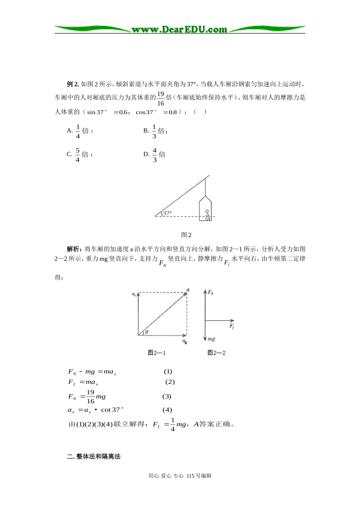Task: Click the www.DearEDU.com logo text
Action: pyautogui.click(x=179, y=29)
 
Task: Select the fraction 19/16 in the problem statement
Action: pyautogui.click(x=160, y=98)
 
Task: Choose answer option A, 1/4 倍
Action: pyautogui.click(x=80, y=131)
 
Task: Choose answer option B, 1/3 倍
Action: pyautogui.click(x=155, y=131)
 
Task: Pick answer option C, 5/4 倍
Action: pyautogui.click(x=80, y=155)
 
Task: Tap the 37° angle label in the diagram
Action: pyautogui.click(x=167, y=213)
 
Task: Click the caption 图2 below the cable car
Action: pyautogui.click(x=186, y=235)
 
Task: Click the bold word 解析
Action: pyautogui.click(x=74, y=249)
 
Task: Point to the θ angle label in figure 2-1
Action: pyautogui.click(x=147, y=332)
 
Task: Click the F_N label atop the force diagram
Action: pyautogui.click(x=210, y=292)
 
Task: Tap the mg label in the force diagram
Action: pyautogui.click(x=211, y=339)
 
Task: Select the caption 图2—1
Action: pyautogui.click(x=157, y=353)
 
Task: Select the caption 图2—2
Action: pyautogui.click(x=216, y=353)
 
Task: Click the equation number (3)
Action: pyautogui.click(x=167, y=397)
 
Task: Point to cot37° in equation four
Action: pyautogui.click(x=112, y=410)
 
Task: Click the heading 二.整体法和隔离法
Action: pyautogui.click(x=94, y=456)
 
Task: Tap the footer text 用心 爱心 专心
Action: pyautogui.click(x=166, y=476)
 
